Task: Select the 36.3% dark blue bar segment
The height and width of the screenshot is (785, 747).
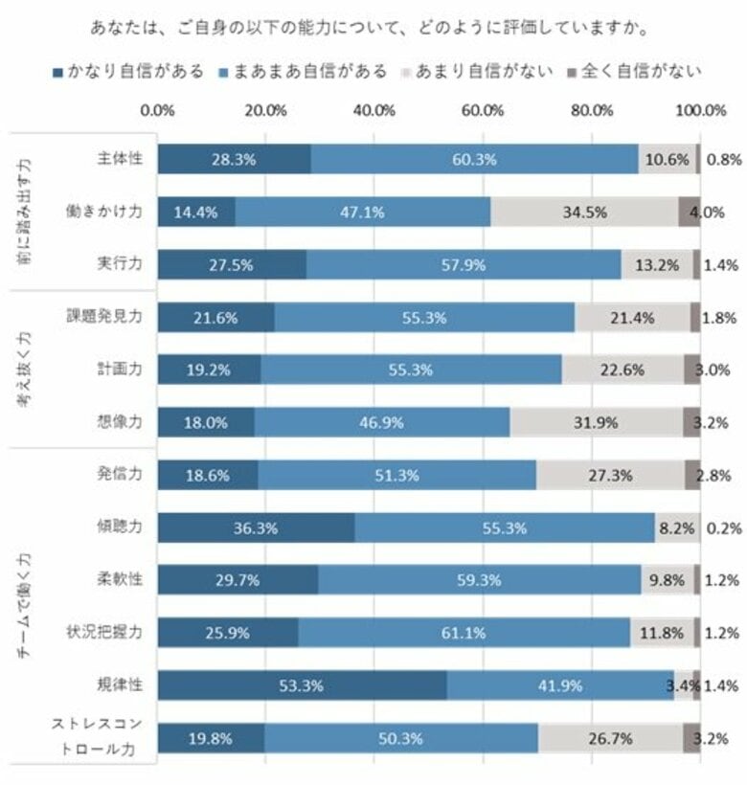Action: click(x=256, y=527)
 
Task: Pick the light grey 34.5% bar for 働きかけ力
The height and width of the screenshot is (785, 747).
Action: click(x=584, y=213)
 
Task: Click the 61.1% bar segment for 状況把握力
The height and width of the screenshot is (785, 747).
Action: click(x=464, y=633)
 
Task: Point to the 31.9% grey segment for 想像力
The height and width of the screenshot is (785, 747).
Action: click(x=596, y=422)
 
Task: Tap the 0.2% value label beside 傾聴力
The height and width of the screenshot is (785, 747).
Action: click(x=720, y=527)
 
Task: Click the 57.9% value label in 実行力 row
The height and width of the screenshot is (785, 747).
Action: click(x=464, y=265)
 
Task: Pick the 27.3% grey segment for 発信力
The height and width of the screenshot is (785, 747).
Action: click(x=610, y=475)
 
